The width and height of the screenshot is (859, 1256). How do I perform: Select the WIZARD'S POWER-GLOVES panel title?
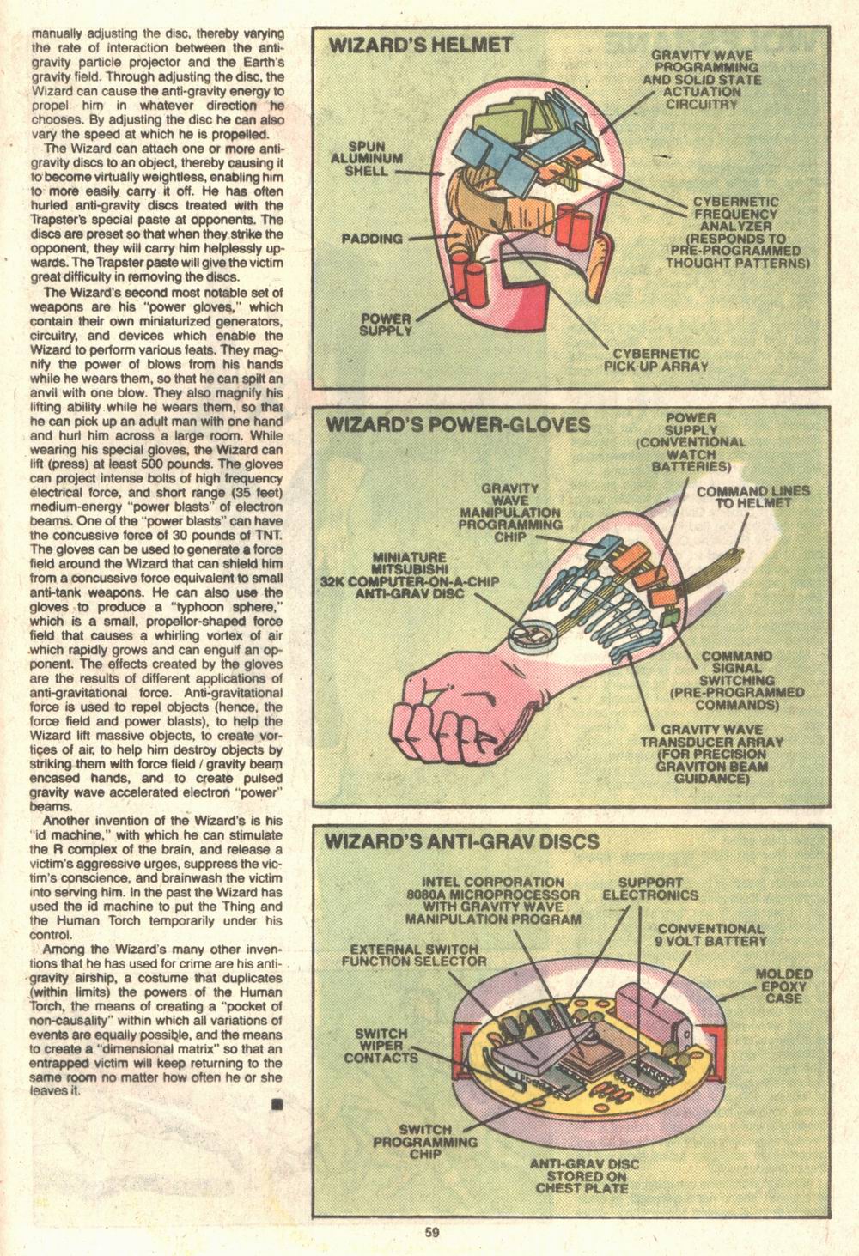click(457, 425)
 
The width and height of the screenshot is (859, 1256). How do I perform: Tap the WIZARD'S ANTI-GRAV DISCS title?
click(461, 841)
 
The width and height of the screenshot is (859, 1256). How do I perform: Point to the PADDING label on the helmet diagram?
click(372, 238)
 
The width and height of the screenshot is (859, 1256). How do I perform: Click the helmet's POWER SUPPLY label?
click(386, 325)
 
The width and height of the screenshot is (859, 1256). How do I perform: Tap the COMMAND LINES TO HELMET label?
click(742, 497)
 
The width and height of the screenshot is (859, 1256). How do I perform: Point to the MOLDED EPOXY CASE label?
click(778, 986)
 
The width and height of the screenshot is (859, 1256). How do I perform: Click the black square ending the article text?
click(277, 1105)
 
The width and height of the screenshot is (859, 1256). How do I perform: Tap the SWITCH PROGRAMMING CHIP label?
click(424, 1142)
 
